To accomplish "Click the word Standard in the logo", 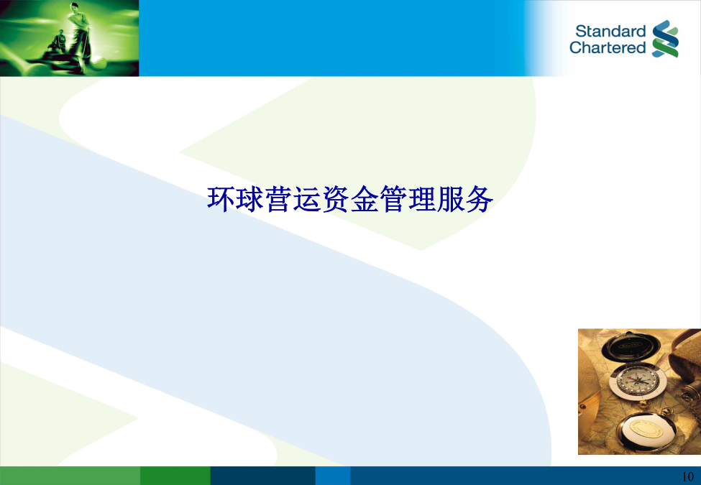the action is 610,32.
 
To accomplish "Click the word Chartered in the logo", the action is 608,47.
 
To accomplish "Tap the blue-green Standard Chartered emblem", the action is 665,39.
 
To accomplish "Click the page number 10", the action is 688,476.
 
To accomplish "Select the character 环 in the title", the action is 221,199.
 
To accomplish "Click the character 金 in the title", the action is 365,199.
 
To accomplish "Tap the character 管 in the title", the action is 393,199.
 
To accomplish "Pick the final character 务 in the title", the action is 480,199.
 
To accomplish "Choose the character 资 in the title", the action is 336,199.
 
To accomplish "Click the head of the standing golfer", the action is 75,8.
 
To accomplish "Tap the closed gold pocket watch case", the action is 644,431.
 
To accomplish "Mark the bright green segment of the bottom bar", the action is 175,476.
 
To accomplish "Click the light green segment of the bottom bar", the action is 70,476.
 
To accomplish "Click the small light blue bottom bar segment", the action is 333,476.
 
